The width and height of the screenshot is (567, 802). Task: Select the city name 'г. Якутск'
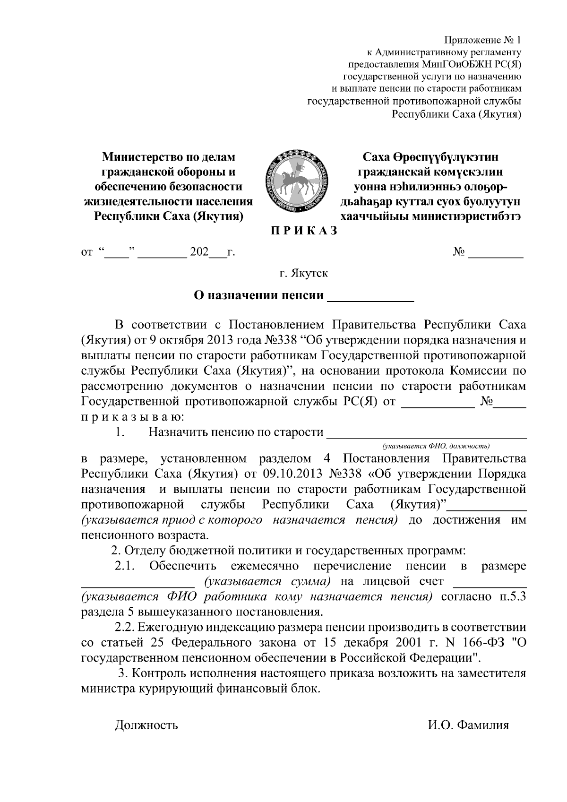303,273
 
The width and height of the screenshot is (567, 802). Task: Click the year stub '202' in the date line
199,252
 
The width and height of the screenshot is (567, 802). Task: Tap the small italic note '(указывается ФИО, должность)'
436,446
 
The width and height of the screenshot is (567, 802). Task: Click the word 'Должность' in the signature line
146,725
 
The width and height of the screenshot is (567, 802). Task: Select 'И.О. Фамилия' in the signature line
465,725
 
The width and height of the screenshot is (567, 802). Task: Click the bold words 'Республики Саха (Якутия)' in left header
169,216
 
